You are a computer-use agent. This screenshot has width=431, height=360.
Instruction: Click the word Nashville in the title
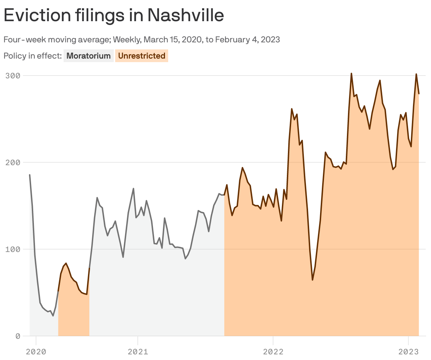click(x=185, y=15)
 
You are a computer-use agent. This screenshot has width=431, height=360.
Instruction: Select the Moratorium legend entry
click(x=89, y=56)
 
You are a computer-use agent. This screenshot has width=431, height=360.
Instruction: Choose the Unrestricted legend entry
click(x=142, y=56)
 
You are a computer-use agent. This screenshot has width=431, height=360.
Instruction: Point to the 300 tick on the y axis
click(x=12, y=76)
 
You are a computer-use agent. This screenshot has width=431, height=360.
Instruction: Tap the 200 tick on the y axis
click(x=12, y=162)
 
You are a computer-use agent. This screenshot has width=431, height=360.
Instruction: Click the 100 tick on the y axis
click(x=12, y=249)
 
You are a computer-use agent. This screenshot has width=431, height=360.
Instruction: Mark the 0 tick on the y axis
click(x=17, y=336)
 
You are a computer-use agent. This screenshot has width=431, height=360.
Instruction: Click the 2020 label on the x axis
click(x=36, y=352)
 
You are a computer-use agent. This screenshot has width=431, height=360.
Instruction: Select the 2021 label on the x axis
click(x=138, y=352)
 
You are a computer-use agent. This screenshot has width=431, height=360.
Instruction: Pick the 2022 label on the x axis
click(x=273, y=352)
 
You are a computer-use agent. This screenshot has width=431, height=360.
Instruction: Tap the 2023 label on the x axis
click(x=408, y=352)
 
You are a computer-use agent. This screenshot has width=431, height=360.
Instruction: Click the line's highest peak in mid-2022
click(x=351, y=73)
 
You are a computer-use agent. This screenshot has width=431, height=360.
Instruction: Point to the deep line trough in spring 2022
click(x=313, y=280)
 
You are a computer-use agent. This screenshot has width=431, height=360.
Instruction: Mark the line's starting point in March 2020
click(x=30, y=175)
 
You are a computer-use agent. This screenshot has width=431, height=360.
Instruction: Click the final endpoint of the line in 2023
click(x=419, y=94)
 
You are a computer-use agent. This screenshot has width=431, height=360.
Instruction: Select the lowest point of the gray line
click(x=53, y=316)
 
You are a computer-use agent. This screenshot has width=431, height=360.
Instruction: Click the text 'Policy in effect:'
click(x=33, y=56)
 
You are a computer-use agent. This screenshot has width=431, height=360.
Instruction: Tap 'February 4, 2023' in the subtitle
click(x=247, y=40)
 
